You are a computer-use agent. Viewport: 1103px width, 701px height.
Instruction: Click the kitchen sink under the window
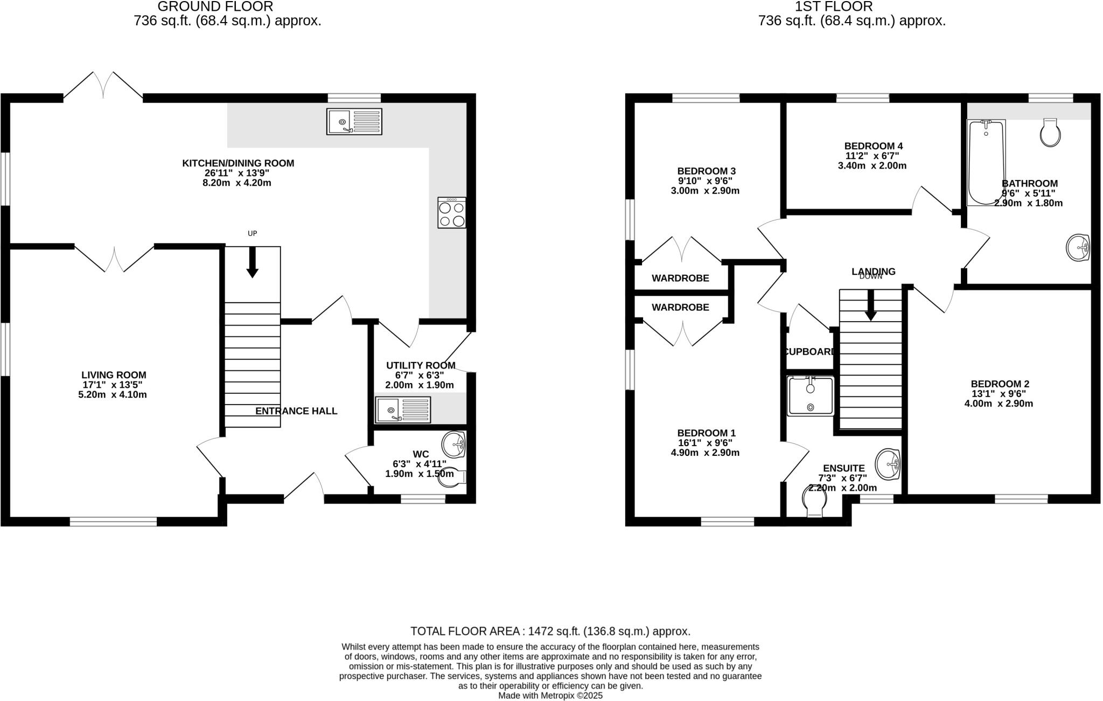(x=354, y=122)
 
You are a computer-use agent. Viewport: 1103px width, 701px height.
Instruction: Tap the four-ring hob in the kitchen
(x=452, y=213)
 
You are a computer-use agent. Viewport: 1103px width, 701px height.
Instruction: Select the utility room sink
(x=403, y=410)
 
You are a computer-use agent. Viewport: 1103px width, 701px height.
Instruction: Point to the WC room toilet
(x=452, y=477)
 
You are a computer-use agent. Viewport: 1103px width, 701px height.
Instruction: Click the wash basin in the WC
(x=454, y=444)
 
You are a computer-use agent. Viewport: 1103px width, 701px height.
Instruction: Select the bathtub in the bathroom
(x=986, y=162)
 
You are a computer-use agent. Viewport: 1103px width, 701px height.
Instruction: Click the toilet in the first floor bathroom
(x=1051, y=133)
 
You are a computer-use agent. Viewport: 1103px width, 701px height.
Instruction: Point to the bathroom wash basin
(x=1078, y=248)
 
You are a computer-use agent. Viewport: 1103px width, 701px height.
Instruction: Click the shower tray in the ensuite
(x=811, y=396)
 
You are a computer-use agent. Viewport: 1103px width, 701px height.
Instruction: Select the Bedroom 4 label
(x=873, y=146)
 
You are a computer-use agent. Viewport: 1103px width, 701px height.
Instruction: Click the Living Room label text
(x=114, y=375)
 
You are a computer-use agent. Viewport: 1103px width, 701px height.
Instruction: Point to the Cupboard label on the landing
(x=809, y=352)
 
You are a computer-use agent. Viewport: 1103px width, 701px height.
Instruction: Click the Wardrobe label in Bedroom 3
(x=680, y=278)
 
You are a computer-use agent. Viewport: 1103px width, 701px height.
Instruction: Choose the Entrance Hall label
(x=296, y=411)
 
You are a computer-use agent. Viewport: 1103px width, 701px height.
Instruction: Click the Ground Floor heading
(x=215, y=6)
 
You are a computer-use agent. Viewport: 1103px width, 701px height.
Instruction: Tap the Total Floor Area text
(x=550, y=631)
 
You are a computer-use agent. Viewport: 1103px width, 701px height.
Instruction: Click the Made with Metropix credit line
(x=550, y=696)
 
